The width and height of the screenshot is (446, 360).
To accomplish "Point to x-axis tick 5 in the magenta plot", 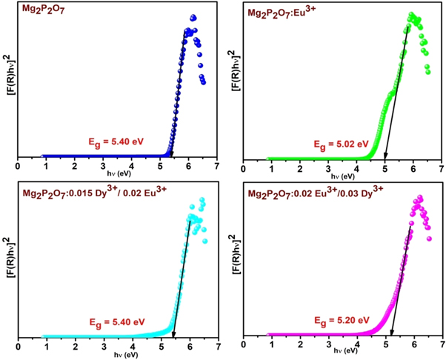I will coord(385,346).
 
